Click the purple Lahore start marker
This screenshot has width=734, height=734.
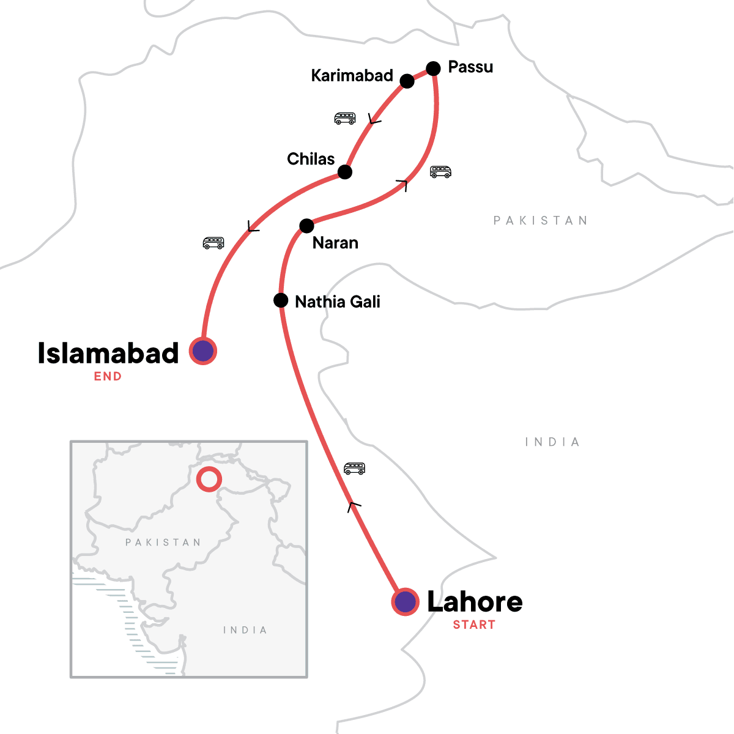tap(405, 602)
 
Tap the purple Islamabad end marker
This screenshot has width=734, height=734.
tap(202, 351)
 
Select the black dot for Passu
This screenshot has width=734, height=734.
tap(433, 68)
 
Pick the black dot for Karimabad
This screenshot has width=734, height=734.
tap(407, 81)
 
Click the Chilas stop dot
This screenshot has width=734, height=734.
tap(345, 172)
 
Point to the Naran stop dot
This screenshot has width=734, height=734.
tap(306, 226)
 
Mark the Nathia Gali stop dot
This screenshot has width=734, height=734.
tap(281, 300)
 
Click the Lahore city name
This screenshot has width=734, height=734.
tap(475, 602)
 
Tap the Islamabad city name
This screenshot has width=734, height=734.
tap(108, 353)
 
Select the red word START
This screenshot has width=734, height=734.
tap(474, 625)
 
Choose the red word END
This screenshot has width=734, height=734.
tap(108, 376)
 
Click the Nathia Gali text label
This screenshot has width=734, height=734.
tap(338, 302)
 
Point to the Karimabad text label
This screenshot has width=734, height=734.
tap(352, 76)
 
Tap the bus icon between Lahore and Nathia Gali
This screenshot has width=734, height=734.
tap(354, 469)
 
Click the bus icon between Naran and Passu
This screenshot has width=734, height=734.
tap(440, 172)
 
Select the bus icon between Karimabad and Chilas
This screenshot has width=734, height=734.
tap(345, 118)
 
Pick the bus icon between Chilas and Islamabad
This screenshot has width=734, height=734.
tap(213, 243)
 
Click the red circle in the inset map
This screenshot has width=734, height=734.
tap(209, 479)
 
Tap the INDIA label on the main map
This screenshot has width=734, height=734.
tap(552, 442)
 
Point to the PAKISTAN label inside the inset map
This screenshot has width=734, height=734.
tap(163, 542)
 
